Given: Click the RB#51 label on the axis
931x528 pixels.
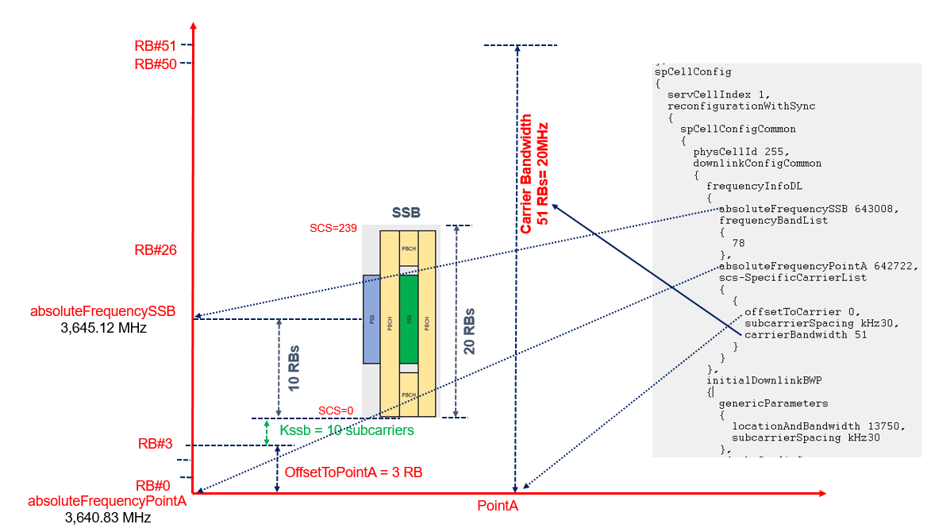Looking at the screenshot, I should pos(155,46).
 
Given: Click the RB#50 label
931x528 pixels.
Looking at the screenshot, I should pos(155,64).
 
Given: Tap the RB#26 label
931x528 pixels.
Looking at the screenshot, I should pos(155,250).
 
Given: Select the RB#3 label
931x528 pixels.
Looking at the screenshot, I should pos(154,444).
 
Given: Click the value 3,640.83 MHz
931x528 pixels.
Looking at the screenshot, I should pos(107,518).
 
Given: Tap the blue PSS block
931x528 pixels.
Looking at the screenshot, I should pos(371,319).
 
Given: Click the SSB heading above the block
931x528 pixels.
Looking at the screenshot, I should pos(406,213).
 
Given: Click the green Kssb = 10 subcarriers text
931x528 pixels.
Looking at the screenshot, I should pos(347,430).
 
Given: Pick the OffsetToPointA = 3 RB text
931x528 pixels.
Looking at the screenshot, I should pos(353,472).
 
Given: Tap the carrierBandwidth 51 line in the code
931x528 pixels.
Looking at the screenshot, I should pos(805,334).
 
